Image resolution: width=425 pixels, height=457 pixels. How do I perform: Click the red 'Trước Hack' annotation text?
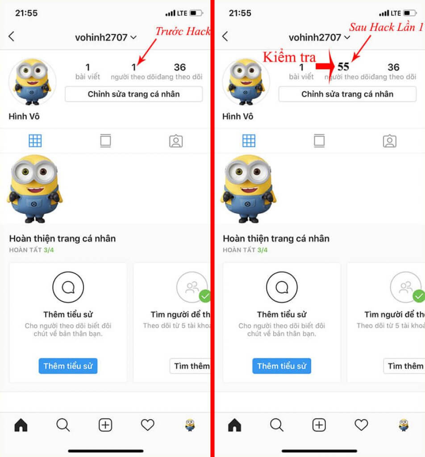(x=182, y=31)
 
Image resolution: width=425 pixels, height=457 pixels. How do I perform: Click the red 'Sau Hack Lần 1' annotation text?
(x=386, y=27)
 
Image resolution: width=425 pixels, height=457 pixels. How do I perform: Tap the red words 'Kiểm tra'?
(x=289, y=57)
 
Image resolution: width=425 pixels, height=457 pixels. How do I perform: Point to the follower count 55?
(x=343, y=67)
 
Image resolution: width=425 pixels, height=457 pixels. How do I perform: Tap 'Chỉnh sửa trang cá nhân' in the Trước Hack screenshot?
(x=133, y=94)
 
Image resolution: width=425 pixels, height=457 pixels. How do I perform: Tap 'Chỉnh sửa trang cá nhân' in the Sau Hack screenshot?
(x=347, y=94)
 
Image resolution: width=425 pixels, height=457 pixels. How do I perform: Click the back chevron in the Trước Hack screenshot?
(x=12, y=37)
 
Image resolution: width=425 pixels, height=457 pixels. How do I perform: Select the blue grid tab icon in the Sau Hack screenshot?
(x=249, y=141)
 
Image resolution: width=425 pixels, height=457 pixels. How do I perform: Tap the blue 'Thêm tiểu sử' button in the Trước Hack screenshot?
(x=68, y=366)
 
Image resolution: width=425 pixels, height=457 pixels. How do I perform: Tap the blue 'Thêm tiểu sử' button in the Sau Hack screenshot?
(x=282, y=366)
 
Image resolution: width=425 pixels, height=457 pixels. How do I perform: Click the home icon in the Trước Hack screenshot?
(x=21, y=425)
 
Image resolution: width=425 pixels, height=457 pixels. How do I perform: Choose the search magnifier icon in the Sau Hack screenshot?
(x=276, y=425)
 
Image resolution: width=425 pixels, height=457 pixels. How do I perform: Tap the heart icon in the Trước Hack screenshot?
(x=147, y=425)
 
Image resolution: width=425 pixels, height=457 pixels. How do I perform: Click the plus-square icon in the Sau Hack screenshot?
(x=319, y=425)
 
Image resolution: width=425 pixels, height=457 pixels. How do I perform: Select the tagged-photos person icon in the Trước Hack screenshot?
(x=176, y=141)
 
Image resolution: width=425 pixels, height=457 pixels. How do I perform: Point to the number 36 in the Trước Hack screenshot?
(x=180, y=67)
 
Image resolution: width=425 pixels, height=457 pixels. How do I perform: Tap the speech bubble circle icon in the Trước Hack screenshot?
(x=68, y=287)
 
